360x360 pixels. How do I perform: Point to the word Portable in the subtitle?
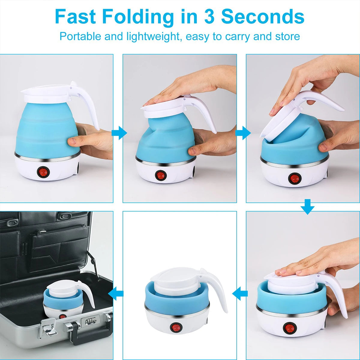(x=80, y=36)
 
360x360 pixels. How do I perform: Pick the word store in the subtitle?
(x=288, y=36)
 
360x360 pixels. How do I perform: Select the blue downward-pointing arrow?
(x=307, y=208)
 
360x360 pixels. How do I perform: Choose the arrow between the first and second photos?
(x=119, y=133)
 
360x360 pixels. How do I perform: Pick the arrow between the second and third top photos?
(x=243, y=133)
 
